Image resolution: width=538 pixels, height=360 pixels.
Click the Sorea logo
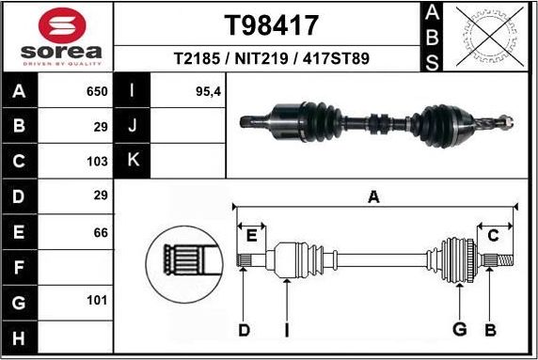point(57,36)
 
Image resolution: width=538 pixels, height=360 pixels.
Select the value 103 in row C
point(96,162)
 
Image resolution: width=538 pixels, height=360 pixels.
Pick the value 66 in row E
point(100,231)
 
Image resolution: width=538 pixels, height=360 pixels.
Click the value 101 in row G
point(96,302)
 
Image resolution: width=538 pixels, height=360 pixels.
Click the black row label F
point(20,267)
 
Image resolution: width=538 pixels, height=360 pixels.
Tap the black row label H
point(20,337)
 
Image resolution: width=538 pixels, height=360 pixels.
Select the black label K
point(133,161)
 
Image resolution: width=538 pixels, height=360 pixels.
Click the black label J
point(133,126)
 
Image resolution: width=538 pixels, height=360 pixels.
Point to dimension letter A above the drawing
point(373,197)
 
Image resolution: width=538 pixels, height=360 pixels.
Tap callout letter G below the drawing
point(460,329)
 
